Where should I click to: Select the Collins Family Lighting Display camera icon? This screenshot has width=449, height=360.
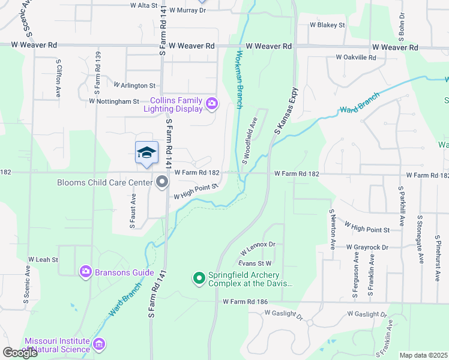click(x=211, y=104)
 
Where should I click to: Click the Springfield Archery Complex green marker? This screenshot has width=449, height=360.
click(x=199, y=278)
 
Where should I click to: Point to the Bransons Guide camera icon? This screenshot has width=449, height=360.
click(x=86, y=272)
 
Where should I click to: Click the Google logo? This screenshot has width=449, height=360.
click(x=20, y=353)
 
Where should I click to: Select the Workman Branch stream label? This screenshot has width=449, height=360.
click(x=239, y=79)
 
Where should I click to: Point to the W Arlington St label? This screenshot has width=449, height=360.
click(x=134, y=86)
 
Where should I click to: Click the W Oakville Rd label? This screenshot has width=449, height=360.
click(x=356, y=58)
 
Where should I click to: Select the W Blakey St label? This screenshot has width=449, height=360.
click(x=327, y=25)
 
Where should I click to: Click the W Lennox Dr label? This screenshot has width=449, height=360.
click(x=258, y=246)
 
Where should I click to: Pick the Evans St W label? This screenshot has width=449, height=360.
click(x=255, y=263)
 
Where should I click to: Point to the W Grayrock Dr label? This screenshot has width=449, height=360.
click(x=367, y=247)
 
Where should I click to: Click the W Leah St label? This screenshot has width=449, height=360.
click(x=43, y=259)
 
